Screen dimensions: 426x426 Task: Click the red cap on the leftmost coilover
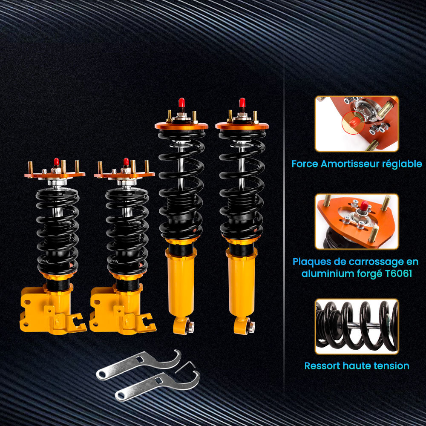click(56, 162)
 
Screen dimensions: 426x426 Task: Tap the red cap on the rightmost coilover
click(242, 102)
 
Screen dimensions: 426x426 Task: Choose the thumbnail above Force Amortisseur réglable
click(357, 124)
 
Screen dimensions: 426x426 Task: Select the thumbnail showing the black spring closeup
click(357, 326)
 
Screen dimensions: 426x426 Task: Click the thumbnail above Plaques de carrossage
click(357, 222)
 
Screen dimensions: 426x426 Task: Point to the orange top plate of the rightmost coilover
click(242, 126)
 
